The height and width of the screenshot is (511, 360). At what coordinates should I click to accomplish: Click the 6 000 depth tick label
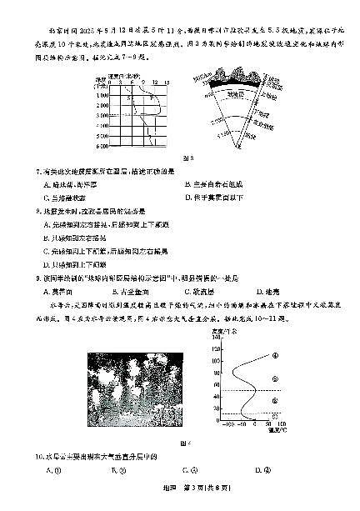[102, 147]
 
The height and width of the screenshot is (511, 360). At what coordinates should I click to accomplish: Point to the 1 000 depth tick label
[102, 96]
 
